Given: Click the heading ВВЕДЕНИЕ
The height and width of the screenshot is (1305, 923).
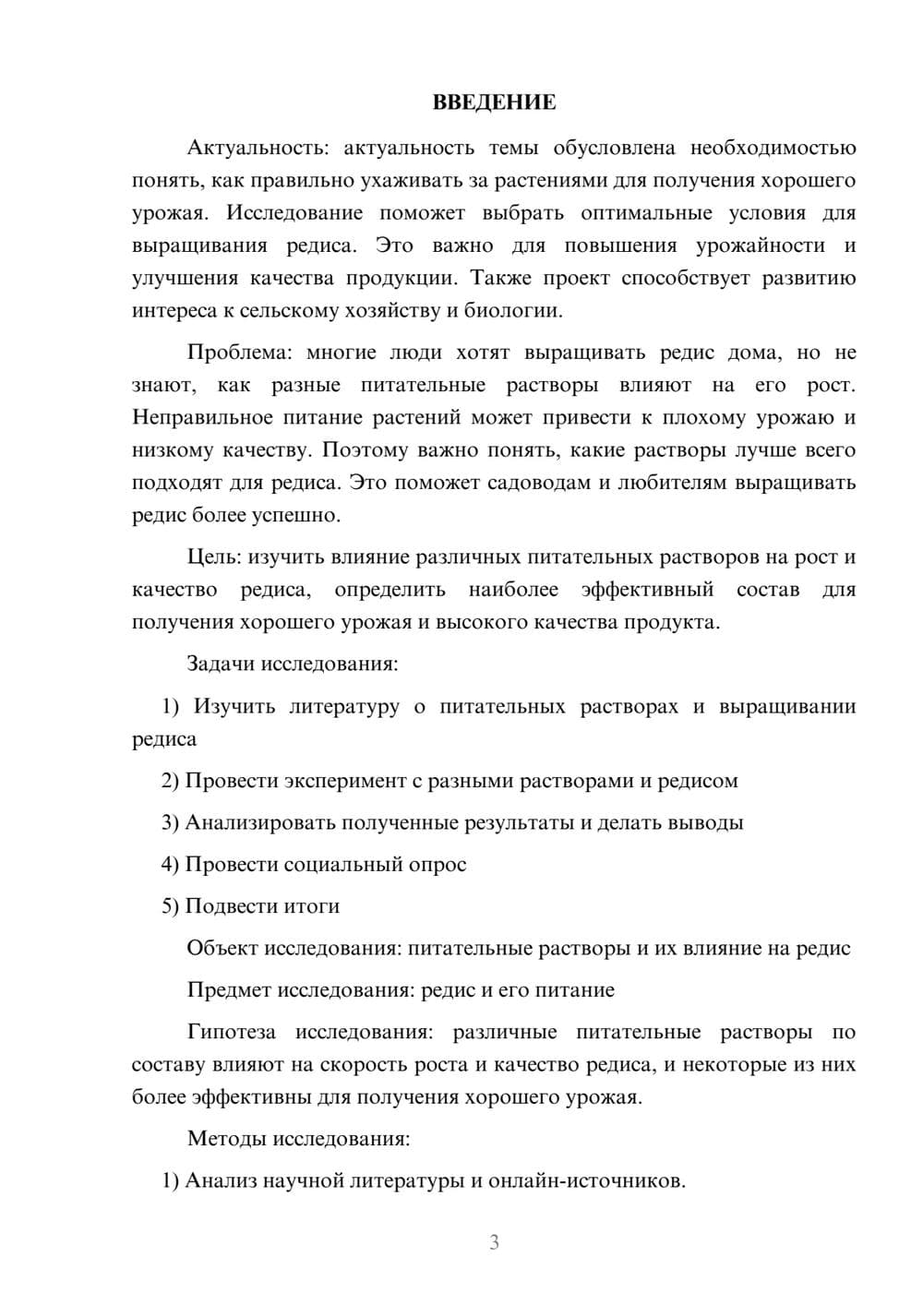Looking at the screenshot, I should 494,102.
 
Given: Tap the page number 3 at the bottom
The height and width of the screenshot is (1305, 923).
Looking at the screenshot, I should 494,1242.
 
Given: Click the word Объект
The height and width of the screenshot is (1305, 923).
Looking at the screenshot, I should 222,948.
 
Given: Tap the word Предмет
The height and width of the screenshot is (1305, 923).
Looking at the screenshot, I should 230,990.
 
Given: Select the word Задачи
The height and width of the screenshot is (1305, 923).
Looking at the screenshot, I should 222,664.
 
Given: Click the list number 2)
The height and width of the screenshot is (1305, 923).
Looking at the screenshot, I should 170,781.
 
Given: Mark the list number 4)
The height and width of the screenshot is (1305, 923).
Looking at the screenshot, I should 170,865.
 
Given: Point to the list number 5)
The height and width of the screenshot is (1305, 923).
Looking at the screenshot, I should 170,906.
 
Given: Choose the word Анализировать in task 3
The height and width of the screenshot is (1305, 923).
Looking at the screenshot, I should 260,822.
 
